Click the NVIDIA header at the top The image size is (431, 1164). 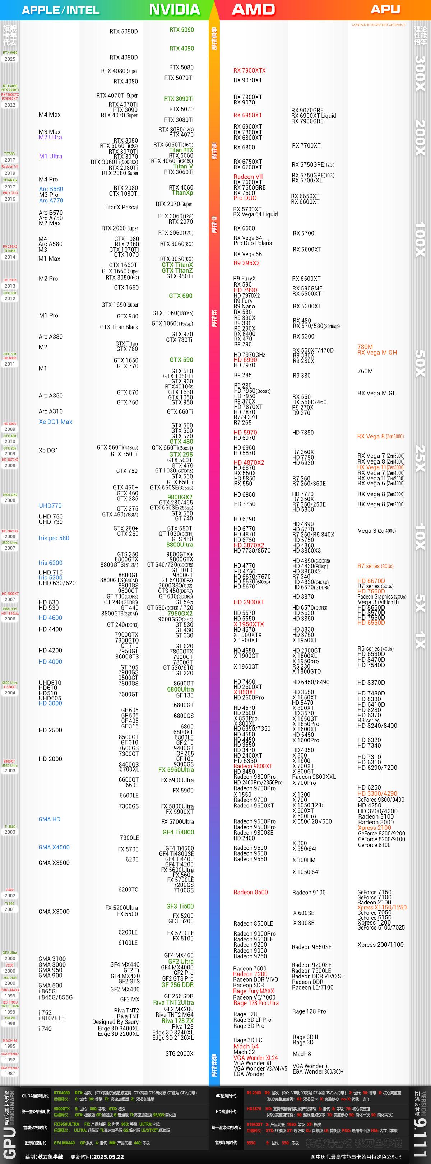coord(174,9)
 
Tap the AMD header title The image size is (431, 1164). coord(253,9)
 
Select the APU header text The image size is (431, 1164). coord(385,9)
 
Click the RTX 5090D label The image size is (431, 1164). coord(124,32)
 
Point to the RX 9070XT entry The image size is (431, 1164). coord(247,80)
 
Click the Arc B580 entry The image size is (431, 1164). coord(51,189)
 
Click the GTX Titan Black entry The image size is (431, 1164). coord(119,327)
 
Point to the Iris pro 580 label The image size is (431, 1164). coord(54,538)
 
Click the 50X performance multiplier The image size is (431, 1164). coord(420,363)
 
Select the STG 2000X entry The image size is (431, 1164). coord(179,1054)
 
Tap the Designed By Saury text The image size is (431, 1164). coord(115,1022)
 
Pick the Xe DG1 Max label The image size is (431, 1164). coord(55,422)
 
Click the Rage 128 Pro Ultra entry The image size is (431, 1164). coord(256,1003)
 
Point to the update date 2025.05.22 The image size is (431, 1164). coord(108,1156)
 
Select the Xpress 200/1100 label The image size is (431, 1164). coord(380,944)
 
